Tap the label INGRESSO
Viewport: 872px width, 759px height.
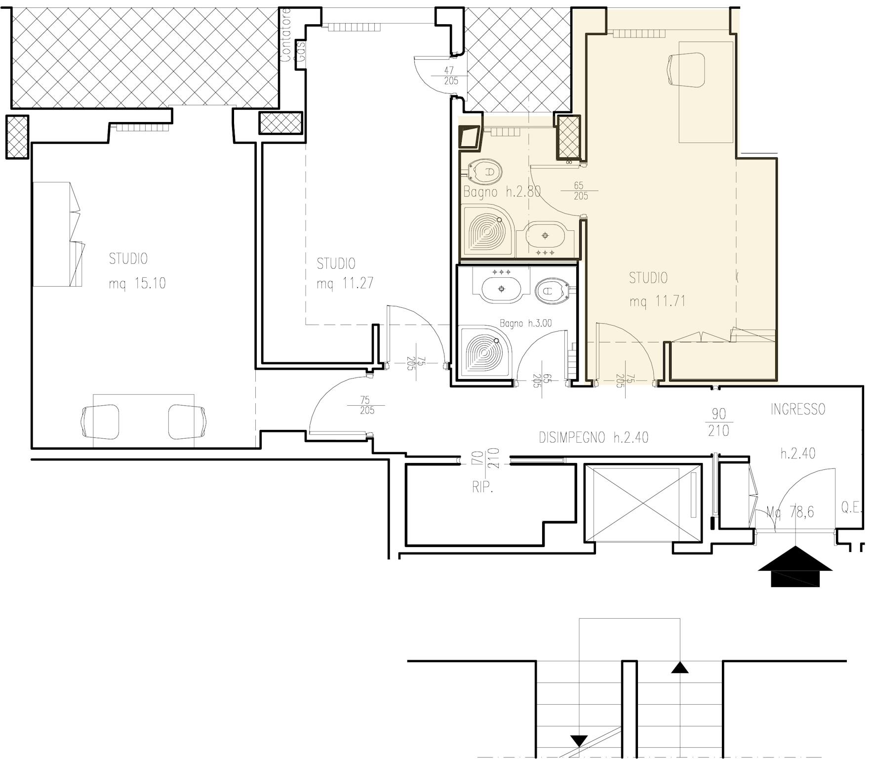tap(798, 409)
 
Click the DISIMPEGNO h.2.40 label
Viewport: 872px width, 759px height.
tap(594, 437)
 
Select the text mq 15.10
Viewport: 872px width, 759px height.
tap(137, 283)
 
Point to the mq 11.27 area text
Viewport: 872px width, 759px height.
tap(345, 283)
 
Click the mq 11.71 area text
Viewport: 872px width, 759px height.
tap(658, 301)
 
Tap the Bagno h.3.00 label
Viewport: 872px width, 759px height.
tap(526, 324)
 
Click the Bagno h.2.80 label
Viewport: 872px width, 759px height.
tap(502, 192)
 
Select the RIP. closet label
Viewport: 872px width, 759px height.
tap(482, 488)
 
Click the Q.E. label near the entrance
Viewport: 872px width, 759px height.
tap(851, 508)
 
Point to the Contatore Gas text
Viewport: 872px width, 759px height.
tap(292, 35)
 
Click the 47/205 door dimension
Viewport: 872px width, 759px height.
tap(450, 76)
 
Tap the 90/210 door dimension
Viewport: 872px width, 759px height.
tap(718, 422)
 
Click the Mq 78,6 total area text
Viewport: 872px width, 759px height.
tap(790, 512)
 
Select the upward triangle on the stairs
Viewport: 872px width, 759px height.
tap(680, 668)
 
